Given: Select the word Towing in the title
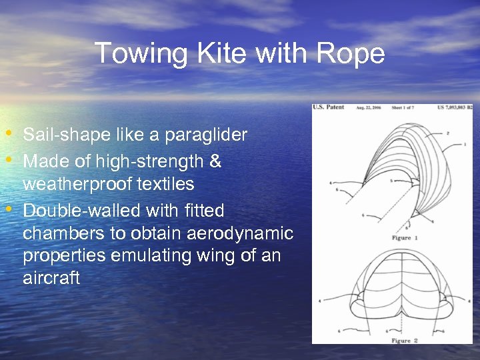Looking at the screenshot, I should pos(129,53).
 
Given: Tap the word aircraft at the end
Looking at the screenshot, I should pos(51,279).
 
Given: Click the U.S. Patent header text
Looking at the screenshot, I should pos(329,107).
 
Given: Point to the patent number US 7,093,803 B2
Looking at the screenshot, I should pos(455,107).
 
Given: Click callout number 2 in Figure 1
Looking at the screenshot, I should pos(447,133).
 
